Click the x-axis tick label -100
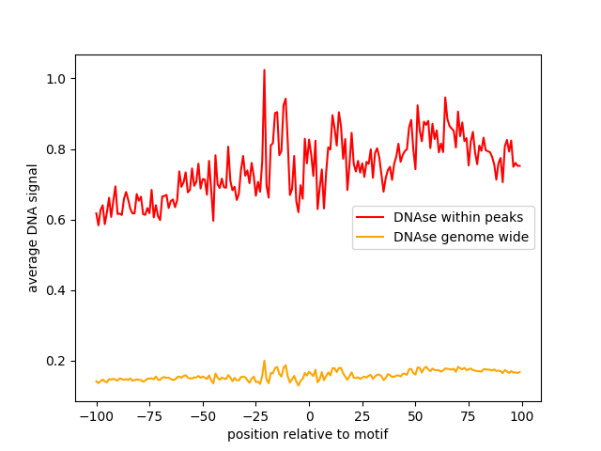(96, 416)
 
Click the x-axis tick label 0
(309, 416)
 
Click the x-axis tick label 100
(522, 416)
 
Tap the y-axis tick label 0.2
(57, 362)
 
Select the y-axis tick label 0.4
(57, 290)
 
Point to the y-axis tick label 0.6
(57, 220)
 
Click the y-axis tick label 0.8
(57, 149)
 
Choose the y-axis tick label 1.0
(57, 78)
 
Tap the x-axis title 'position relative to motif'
(308, 434)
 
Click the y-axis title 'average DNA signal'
(33, 228)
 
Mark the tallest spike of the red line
(264, 70)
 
